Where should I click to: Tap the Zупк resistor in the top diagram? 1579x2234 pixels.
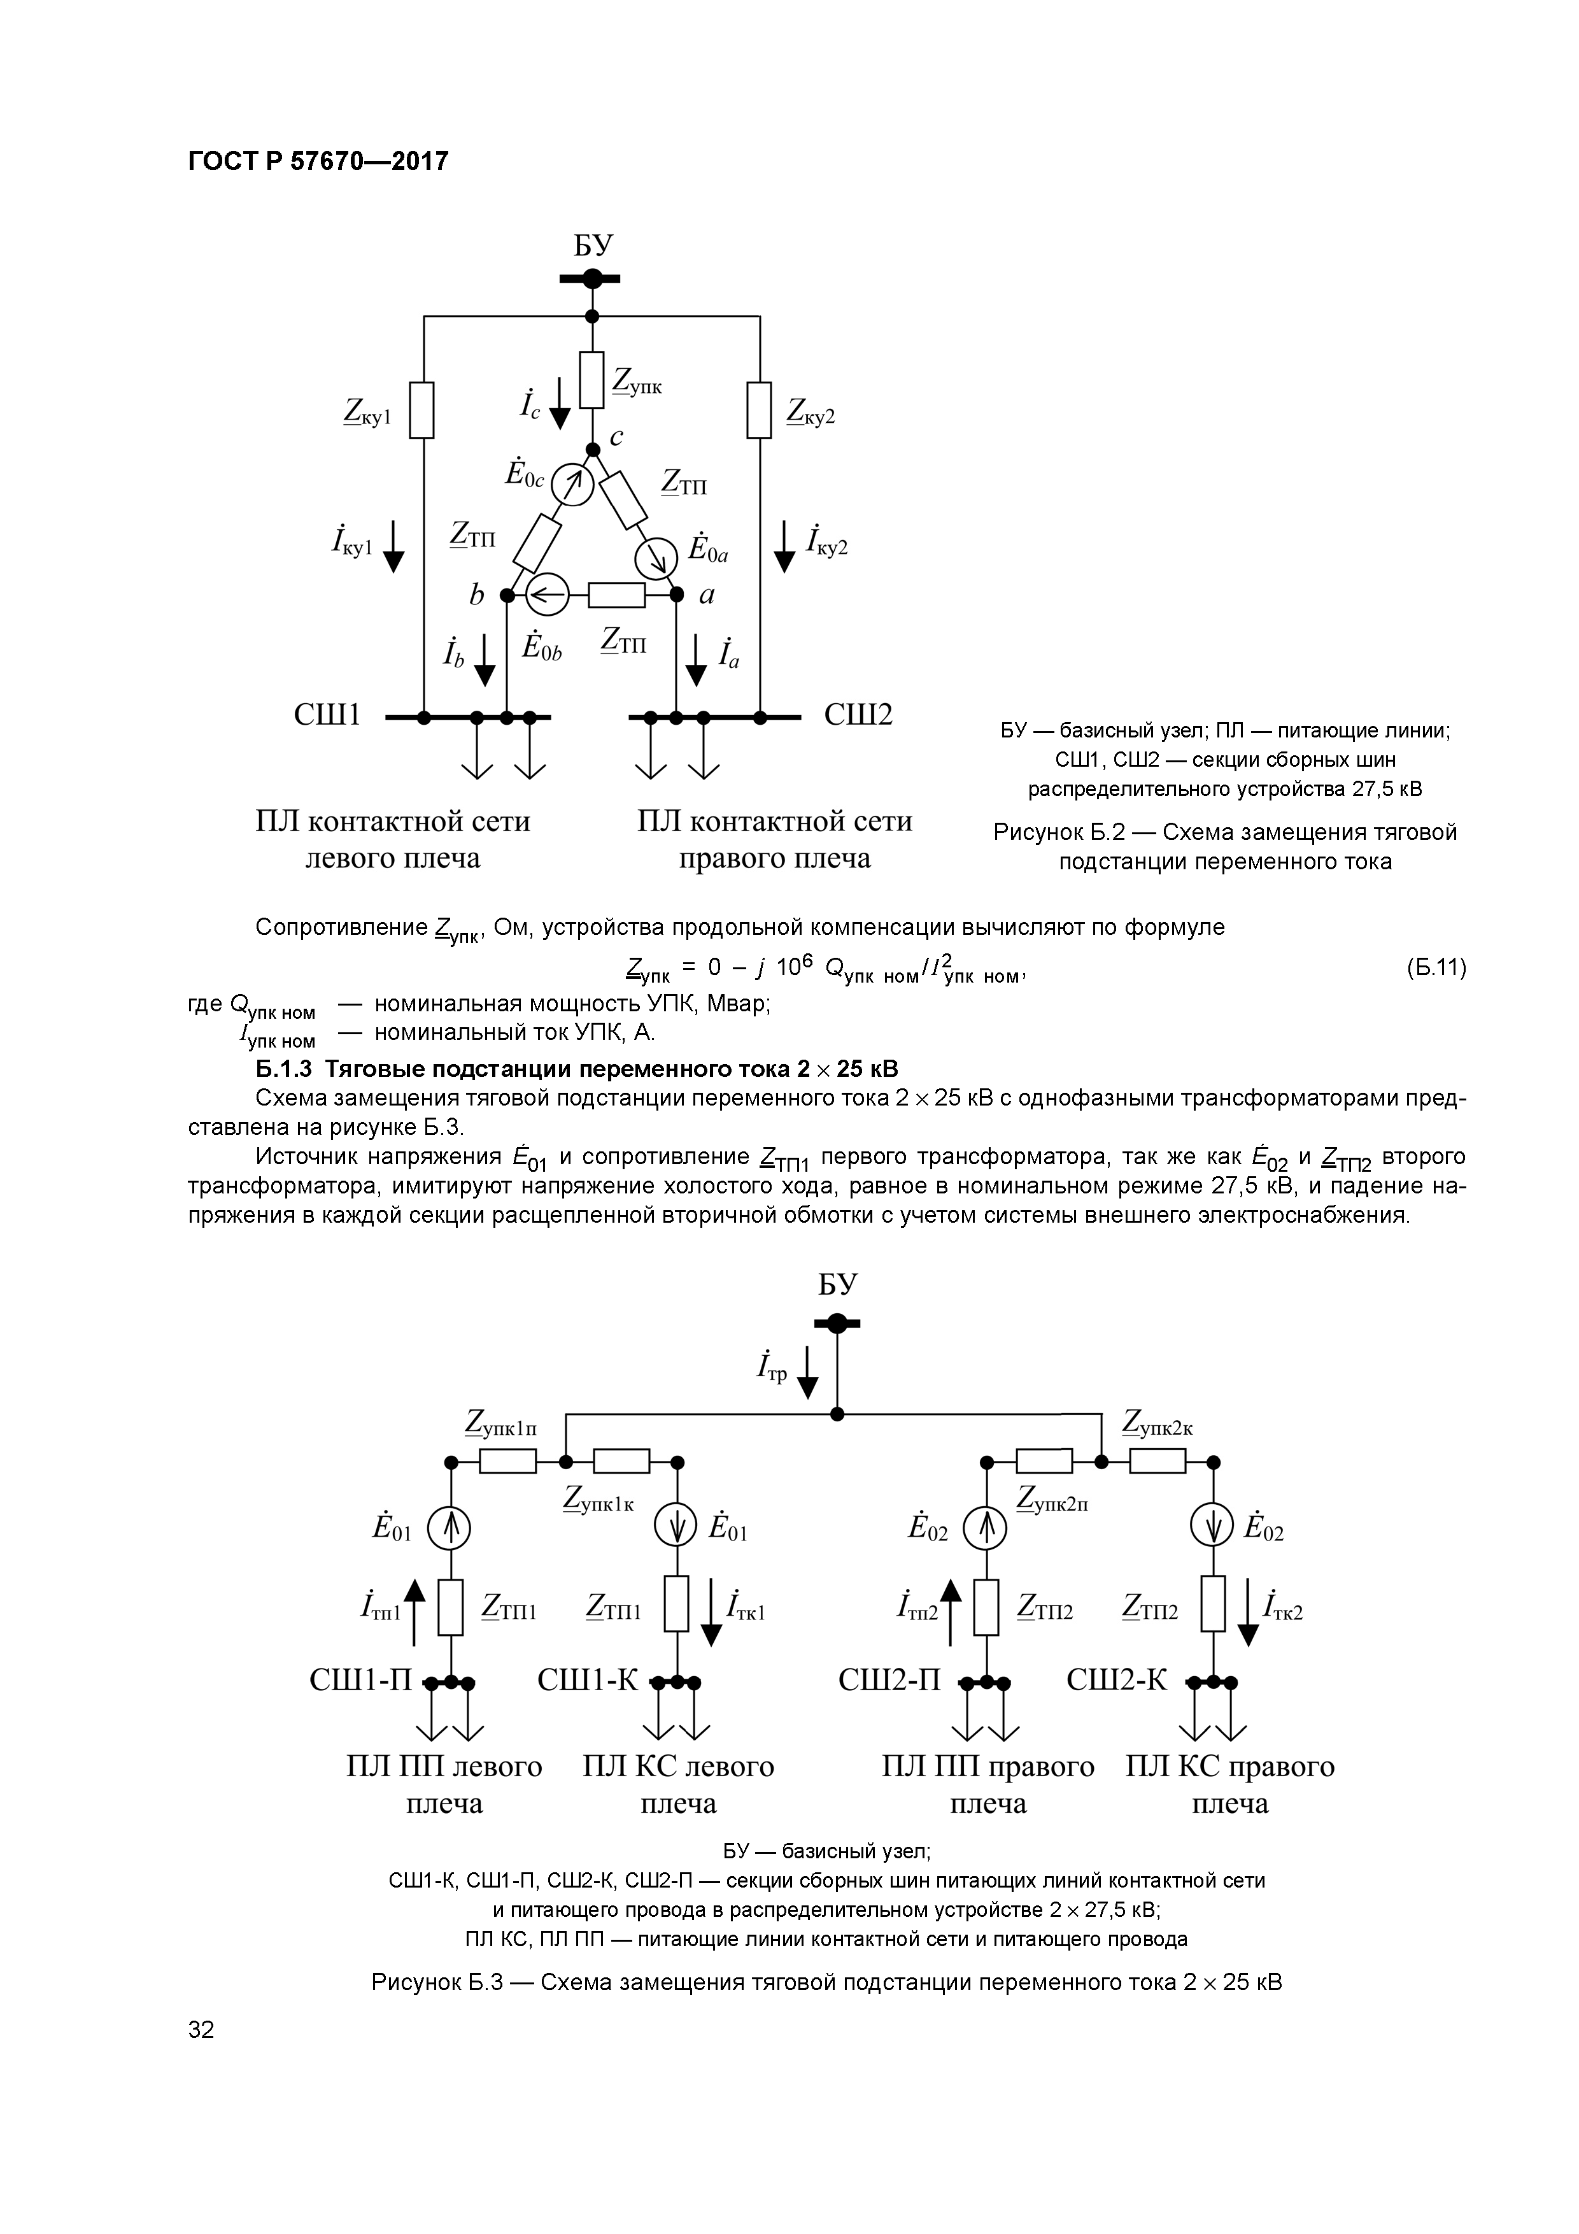point(591,380)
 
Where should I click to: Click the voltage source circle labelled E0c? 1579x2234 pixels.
point(571,483)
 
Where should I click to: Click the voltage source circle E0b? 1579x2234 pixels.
point(548,594)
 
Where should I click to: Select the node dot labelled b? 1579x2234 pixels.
point(507,594)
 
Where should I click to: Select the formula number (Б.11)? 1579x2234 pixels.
point(1435,968)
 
